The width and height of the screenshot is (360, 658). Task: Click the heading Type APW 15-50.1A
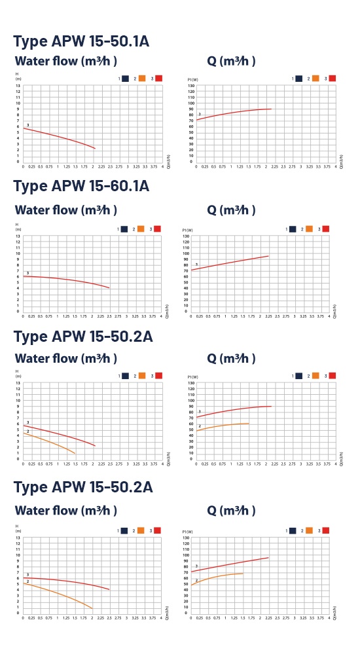(81, 41)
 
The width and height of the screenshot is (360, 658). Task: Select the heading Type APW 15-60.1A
(81, 186)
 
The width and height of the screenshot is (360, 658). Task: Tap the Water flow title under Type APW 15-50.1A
(65, 62)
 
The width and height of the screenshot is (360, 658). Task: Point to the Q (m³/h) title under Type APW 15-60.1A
(231, 210)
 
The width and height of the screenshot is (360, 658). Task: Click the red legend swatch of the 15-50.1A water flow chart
(158, 79)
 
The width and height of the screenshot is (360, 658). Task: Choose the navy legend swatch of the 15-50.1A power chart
(298, 79)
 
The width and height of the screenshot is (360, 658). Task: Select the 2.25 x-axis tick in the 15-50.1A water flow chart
(101, 167)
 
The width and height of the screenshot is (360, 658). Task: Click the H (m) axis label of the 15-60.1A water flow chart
(18, 227)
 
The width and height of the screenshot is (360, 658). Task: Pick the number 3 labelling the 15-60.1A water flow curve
(27, 272)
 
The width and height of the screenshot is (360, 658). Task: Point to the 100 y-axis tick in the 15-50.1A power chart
(190, 103)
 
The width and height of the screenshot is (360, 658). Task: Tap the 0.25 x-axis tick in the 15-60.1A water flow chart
(31, 316)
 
